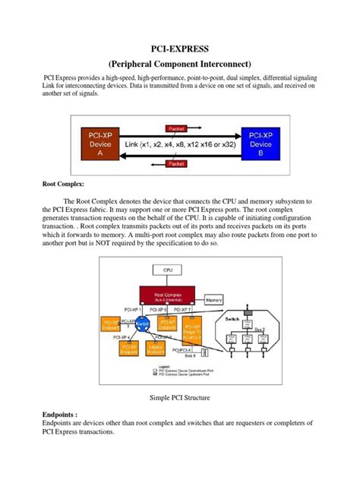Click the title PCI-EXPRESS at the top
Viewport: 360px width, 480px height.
click(180, 50)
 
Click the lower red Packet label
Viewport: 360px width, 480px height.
click(177, 163)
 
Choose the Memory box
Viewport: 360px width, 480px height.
click(214, 301)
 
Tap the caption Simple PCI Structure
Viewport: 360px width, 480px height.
click(180, 396)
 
